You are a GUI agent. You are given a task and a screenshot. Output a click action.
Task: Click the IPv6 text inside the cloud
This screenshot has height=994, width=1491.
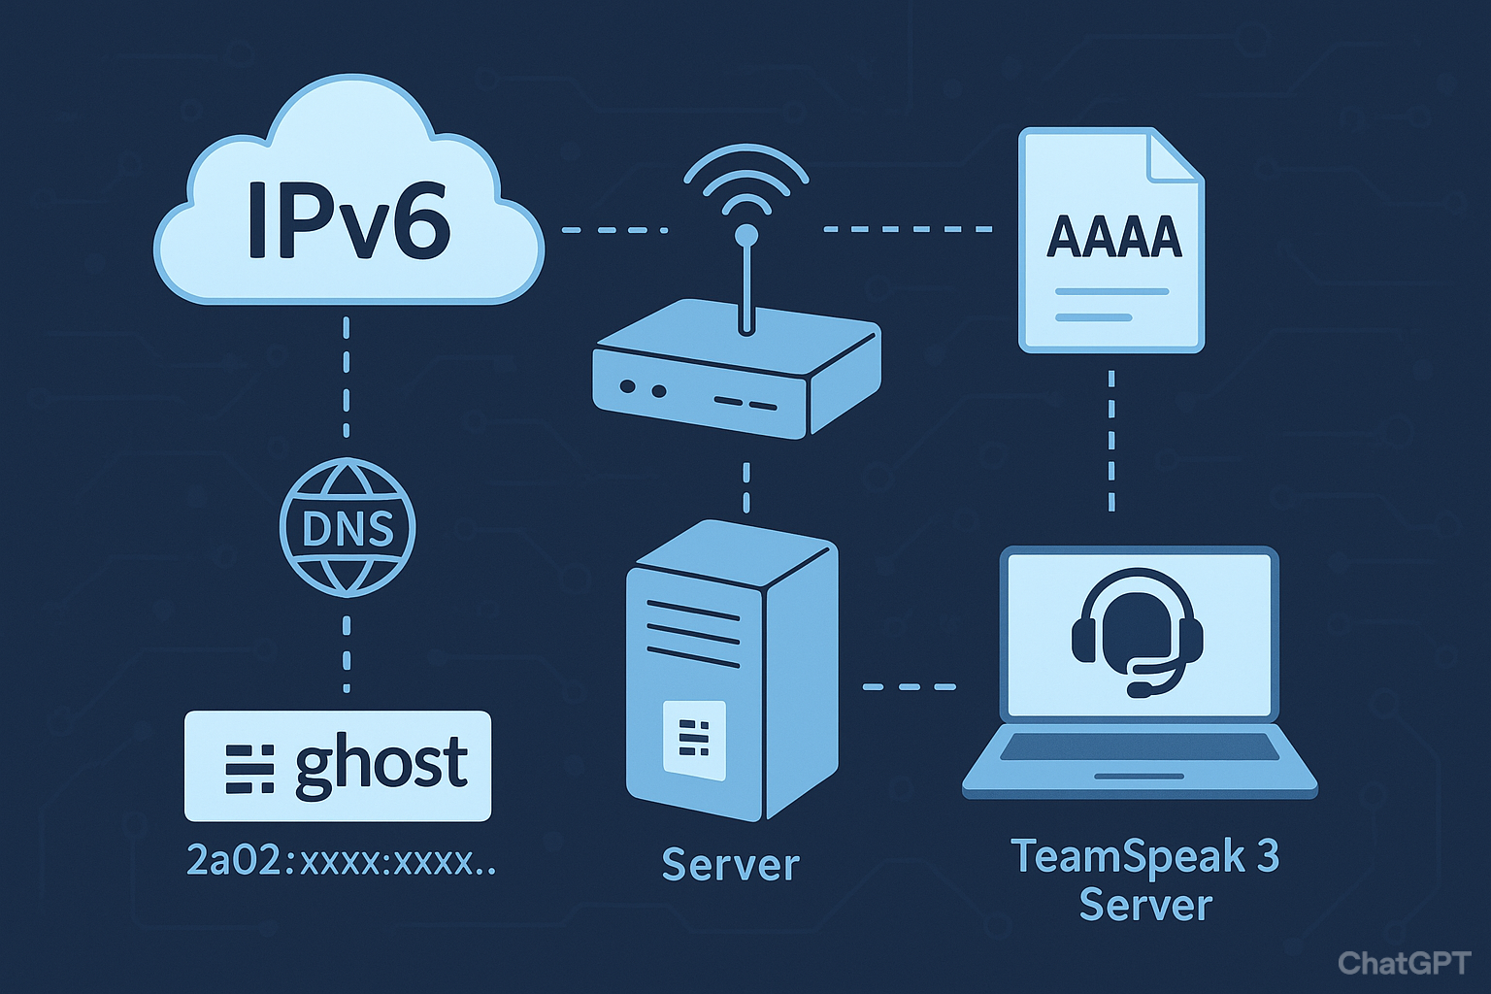(348, 220)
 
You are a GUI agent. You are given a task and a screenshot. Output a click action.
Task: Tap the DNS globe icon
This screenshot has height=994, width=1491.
(348, 528)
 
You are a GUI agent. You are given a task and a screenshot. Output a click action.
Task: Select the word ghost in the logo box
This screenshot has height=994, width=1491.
(381, 765)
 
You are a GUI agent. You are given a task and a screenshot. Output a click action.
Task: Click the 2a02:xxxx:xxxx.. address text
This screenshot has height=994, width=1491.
(340, 860)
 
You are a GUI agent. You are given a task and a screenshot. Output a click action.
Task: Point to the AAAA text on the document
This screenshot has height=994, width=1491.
(1113, 237)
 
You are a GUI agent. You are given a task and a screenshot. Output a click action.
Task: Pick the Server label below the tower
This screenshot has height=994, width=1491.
(730, 865)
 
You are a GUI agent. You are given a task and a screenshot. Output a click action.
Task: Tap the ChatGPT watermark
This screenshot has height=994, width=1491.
(1404, 962)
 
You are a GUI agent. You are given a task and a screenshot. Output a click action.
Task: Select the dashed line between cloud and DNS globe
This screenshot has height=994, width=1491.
(347, 379)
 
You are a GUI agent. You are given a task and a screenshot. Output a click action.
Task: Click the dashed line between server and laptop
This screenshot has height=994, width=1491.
(910, 687)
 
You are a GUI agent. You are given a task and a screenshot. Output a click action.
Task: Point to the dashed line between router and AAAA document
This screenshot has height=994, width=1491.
(908, 230)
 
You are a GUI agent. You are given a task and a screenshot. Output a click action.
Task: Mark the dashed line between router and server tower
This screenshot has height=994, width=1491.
(745, 487)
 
